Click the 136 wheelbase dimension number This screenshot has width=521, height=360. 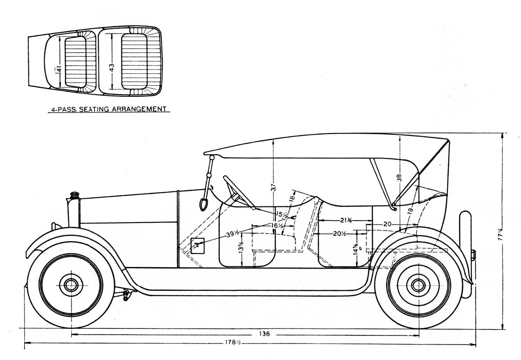coord(264,333)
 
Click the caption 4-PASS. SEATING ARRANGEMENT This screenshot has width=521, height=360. coord(110,109)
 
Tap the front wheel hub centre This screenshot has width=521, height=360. coord(71,285)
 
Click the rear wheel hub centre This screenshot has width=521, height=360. coord(418,285)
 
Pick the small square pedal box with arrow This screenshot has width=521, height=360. coord(197,245)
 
